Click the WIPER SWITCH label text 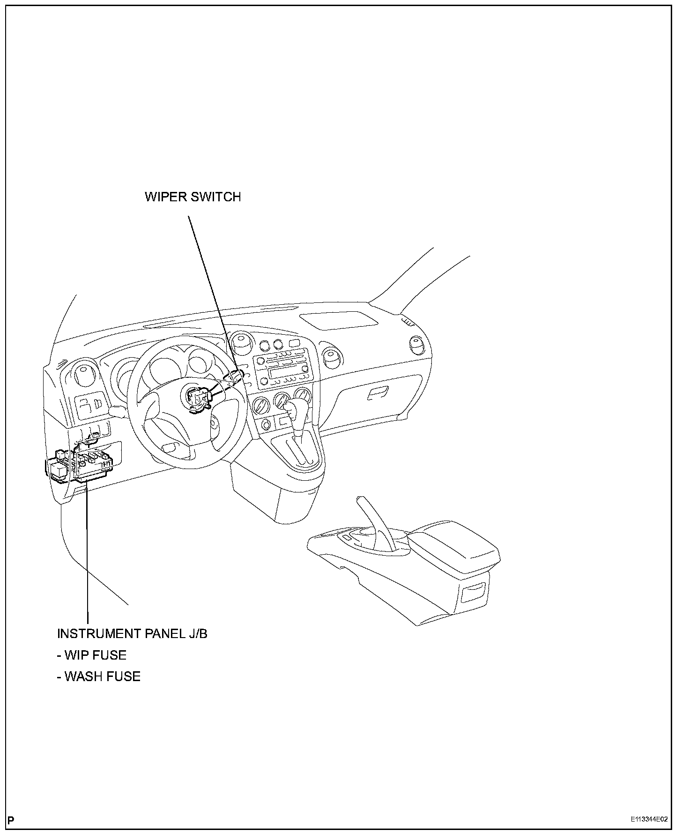tap(193, 197)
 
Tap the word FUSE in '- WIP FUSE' tap(109, 655)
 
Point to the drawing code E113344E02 tap(648, 820)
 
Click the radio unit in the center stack tap(282, 370)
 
